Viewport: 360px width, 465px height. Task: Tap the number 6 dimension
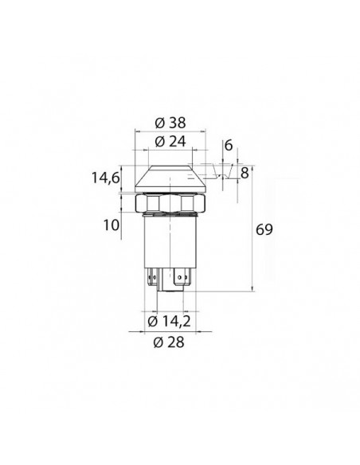pos(229,146)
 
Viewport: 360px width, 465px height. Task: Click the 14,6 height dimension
pos(104,180)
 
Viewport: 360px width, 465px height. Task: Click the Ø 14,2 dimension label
pos(169,322)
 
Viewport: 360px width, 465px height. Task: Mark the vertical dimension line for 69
pos(253,231)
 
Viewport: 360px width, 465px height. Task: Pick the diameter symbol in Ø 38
pos(156,123)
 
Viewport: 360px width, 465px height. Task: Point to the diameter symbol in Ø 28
pos(156,342)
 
